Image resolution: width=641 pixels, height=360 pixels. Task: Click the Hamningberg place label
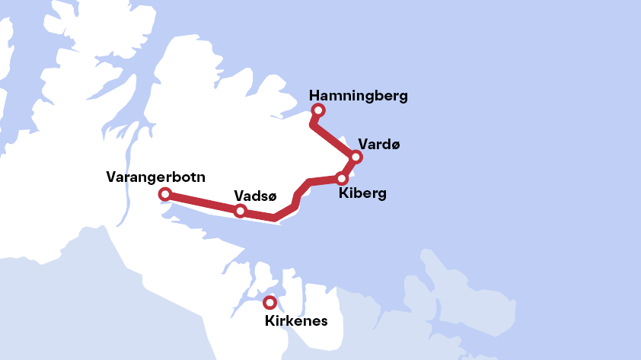click(x=359, y=96)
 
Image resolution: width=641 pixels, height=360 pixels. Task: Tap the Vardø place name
click(x=378, y=144)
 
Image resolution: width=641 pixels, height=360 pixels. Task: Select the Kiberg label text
click(x=362, y=193)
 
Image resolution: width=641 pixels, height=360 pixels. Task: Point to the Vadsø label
click(x=255, y=195)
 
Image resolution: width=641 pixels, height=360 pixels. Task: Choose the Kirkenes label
click(x=296, y=320)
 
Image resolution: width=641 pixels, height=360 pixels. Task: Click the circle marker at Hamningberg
click(x=318, y=111)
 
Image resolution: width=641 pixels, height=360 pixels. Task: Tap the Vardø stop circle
click(x=356, y=158)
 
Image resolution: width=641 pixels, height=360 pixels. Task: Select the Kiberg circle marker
click(x=341, y=178)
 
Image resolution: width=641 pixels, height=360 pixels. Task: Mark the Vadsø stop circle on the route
click(x=240, y=211)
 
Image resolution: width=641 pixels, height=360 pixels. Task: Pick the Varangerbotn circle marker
click(x=164, y=195)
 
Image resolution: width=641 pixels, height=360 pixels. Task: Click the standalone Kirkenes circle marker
click(x=269, y=302)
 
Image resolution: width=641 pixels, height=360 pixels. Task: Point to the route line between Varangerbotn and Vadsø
click(x=202, y=202)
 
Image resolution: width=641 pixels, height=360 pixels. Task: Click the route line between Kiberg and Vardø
click(x=349, y=167)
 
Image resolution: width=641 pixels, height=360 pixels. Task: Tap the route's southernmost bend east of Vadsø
click(x=274, y=218)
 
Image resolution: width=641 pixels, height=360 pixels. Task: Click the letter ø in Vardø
click(x=394, y=145)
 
